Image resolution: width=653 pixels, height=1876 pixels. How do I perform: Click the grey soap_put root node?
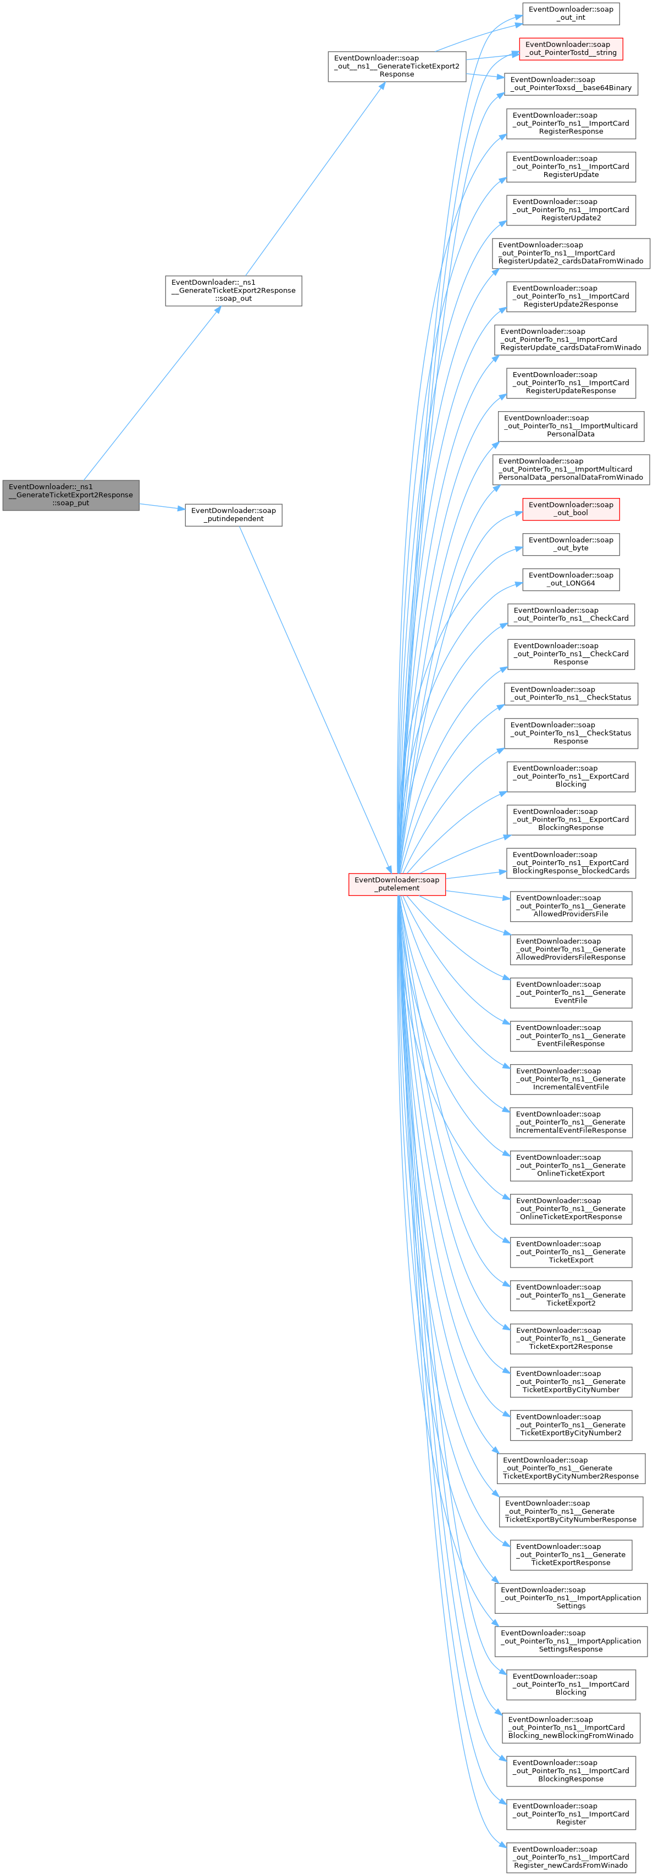pyautogui.click(x=70, y=495)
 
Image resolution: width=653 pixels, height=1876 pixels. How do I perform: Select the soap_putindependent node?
pyautogui.click(x=233, y=515)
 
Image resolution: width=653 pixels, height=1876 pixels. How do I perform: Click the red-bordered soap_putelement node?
pyautogui.click(x=397, y=883)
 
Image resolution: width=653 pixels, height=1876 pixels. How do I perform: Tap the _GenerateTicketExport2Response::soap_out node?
pyautogui.click(x=233, y=291)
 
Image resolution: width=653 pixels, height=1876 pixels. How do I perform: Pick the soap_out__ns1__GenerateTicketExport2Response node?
pyautogui.click(x=397, y=67)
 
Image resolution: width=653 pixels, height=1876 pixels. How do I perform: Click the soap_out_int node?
pyautogui.click(x=571, y=14)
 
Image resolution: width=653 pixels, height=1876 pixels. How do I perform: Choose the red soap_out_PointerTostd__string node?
pyautogui.click(x=571, y=49)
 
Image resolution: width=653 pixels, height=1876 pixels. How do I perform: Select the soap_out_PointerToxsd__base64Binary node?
pyautogui.click(x=571, y=84)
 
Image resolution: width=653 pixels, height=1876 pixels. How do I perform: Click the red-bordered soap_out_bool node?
pyautogui.click(x=571, y=508)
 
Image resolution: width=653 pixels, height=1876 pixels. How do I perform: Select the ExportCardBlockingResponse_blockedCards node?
pyautogui.click(x=571, y=862)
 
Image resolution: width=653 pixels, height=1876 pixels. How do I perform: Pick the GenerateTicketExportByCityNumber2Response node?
pyautogui.click(x=571, y=1468)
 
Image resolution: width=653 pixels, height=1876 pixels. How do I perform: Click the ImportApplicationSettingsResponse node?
pyautogui.click(x=571, y=1641)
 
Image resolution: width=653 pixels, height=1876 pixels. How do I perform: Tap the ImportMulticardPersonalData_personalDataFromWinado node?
pyautogui.click(x=571, y=469)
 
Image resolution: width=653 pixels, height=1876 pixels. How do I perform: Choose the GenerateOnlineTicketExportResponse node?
pyautogui.click(x=571, y=1208)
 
